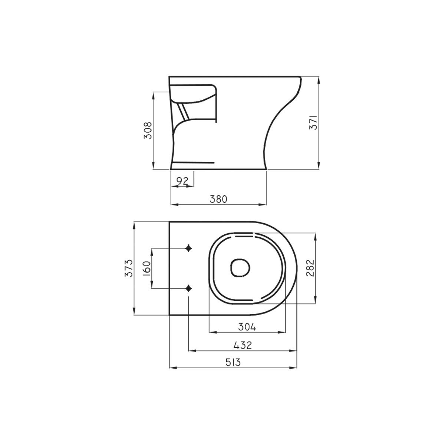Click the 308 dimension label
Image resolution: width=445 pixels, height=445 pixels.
click(x=148, y=130)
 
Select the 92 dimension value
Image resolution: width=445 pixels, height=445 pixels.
click(x=182, y=181)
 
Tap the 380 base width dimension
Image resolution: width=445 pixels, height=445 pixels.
click(x=218, y=199)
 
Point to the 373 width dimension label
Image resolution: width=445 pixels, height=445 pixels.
click(x=129, y=268)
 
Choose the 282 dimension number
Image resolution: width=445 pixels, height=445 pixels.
click(x=310, y=268)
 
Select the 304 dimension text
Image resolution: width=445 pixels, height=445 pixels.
click(x=247, y=327)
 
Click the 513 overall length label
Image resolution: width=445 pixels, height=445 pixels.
click(x=233, y=362)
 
